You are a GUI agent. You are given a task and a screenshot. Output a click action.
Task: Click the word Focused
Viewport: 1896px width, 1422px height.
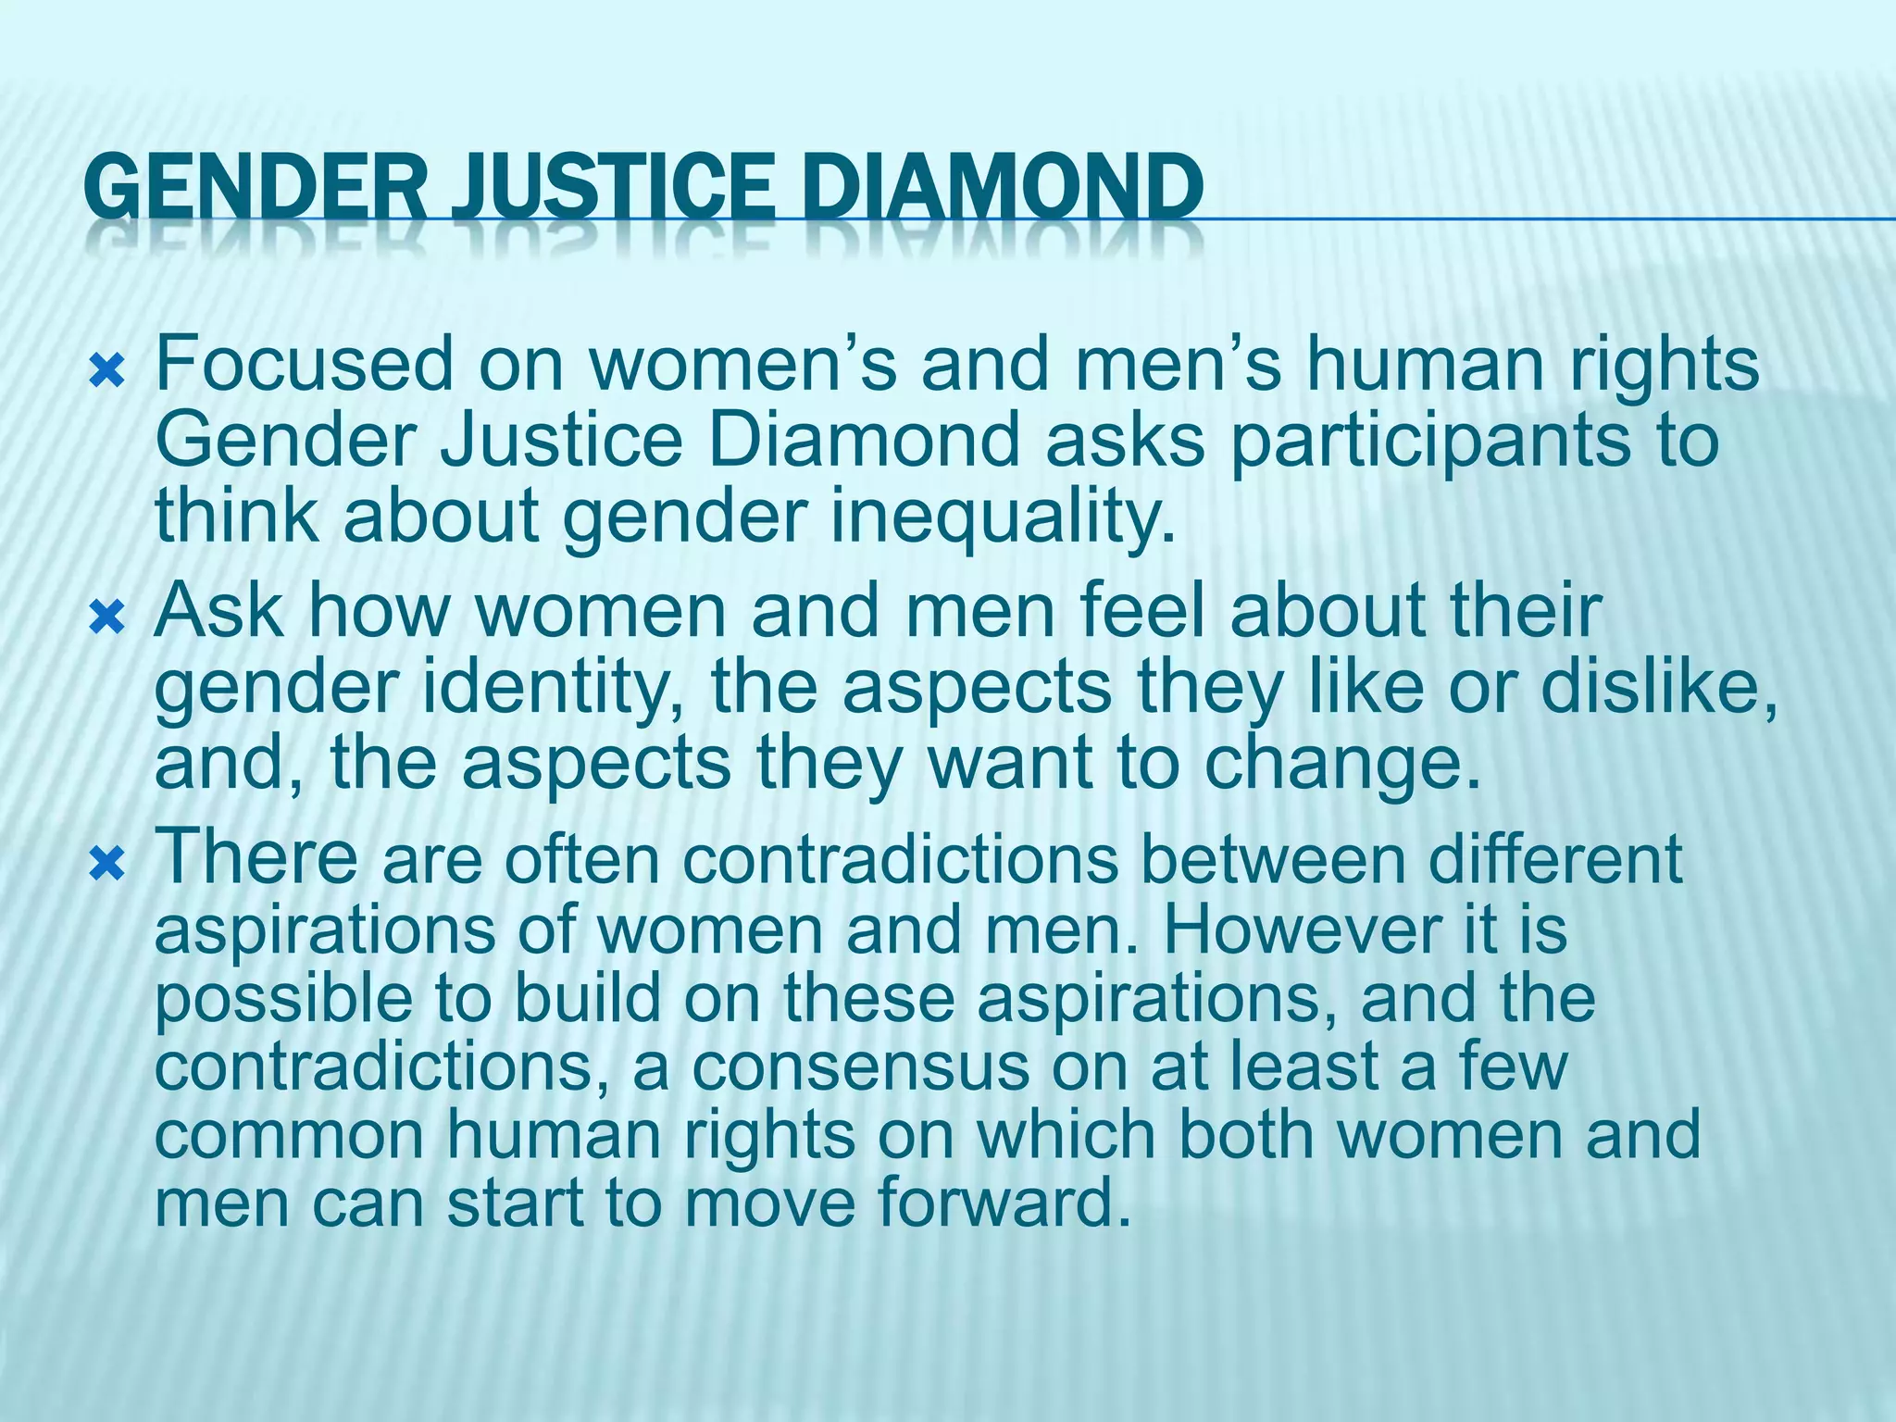304,364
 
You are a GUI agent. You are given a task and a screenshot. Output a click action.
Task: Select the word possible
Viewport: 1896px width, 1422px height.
283,999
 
